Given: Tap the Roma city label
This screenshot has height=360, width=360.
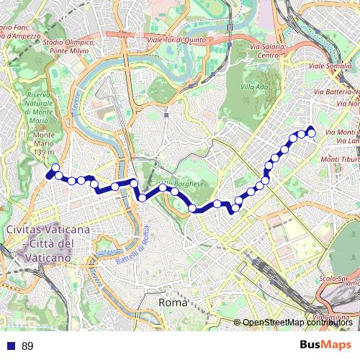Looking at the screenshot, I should click(172, 304).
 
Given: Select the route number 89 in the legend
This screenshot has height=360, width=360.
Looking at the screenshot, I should click(27, 346).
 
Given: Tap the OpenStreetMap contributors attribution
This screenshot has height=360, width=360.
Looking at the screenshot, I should click(297, 323).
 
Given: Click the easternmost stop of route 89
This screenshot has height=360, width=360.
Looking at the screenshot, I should click(312, 130).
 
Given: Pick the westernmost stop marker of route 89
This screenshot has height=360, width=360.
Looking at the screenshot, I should click(50, 174).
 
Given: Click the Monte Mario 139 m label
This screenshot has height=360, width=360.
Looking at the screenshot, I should click(44, 144).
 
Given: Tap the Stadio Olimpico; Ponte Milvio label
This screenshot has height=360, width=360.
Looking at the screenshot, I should click(68, 47).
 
